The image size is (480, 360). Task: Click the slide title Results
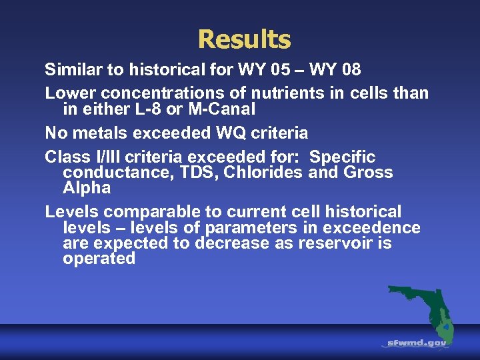pyautogui.click(x=244, y=39)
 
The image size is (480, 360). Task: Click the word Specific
pyautogui.click(x=343, y=157)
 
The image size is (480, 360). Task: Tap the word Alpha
pyautogui.click(x=87, y=188)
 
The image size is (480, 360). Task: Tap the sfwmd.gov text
pyautogui.click(x=417, y=343)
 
